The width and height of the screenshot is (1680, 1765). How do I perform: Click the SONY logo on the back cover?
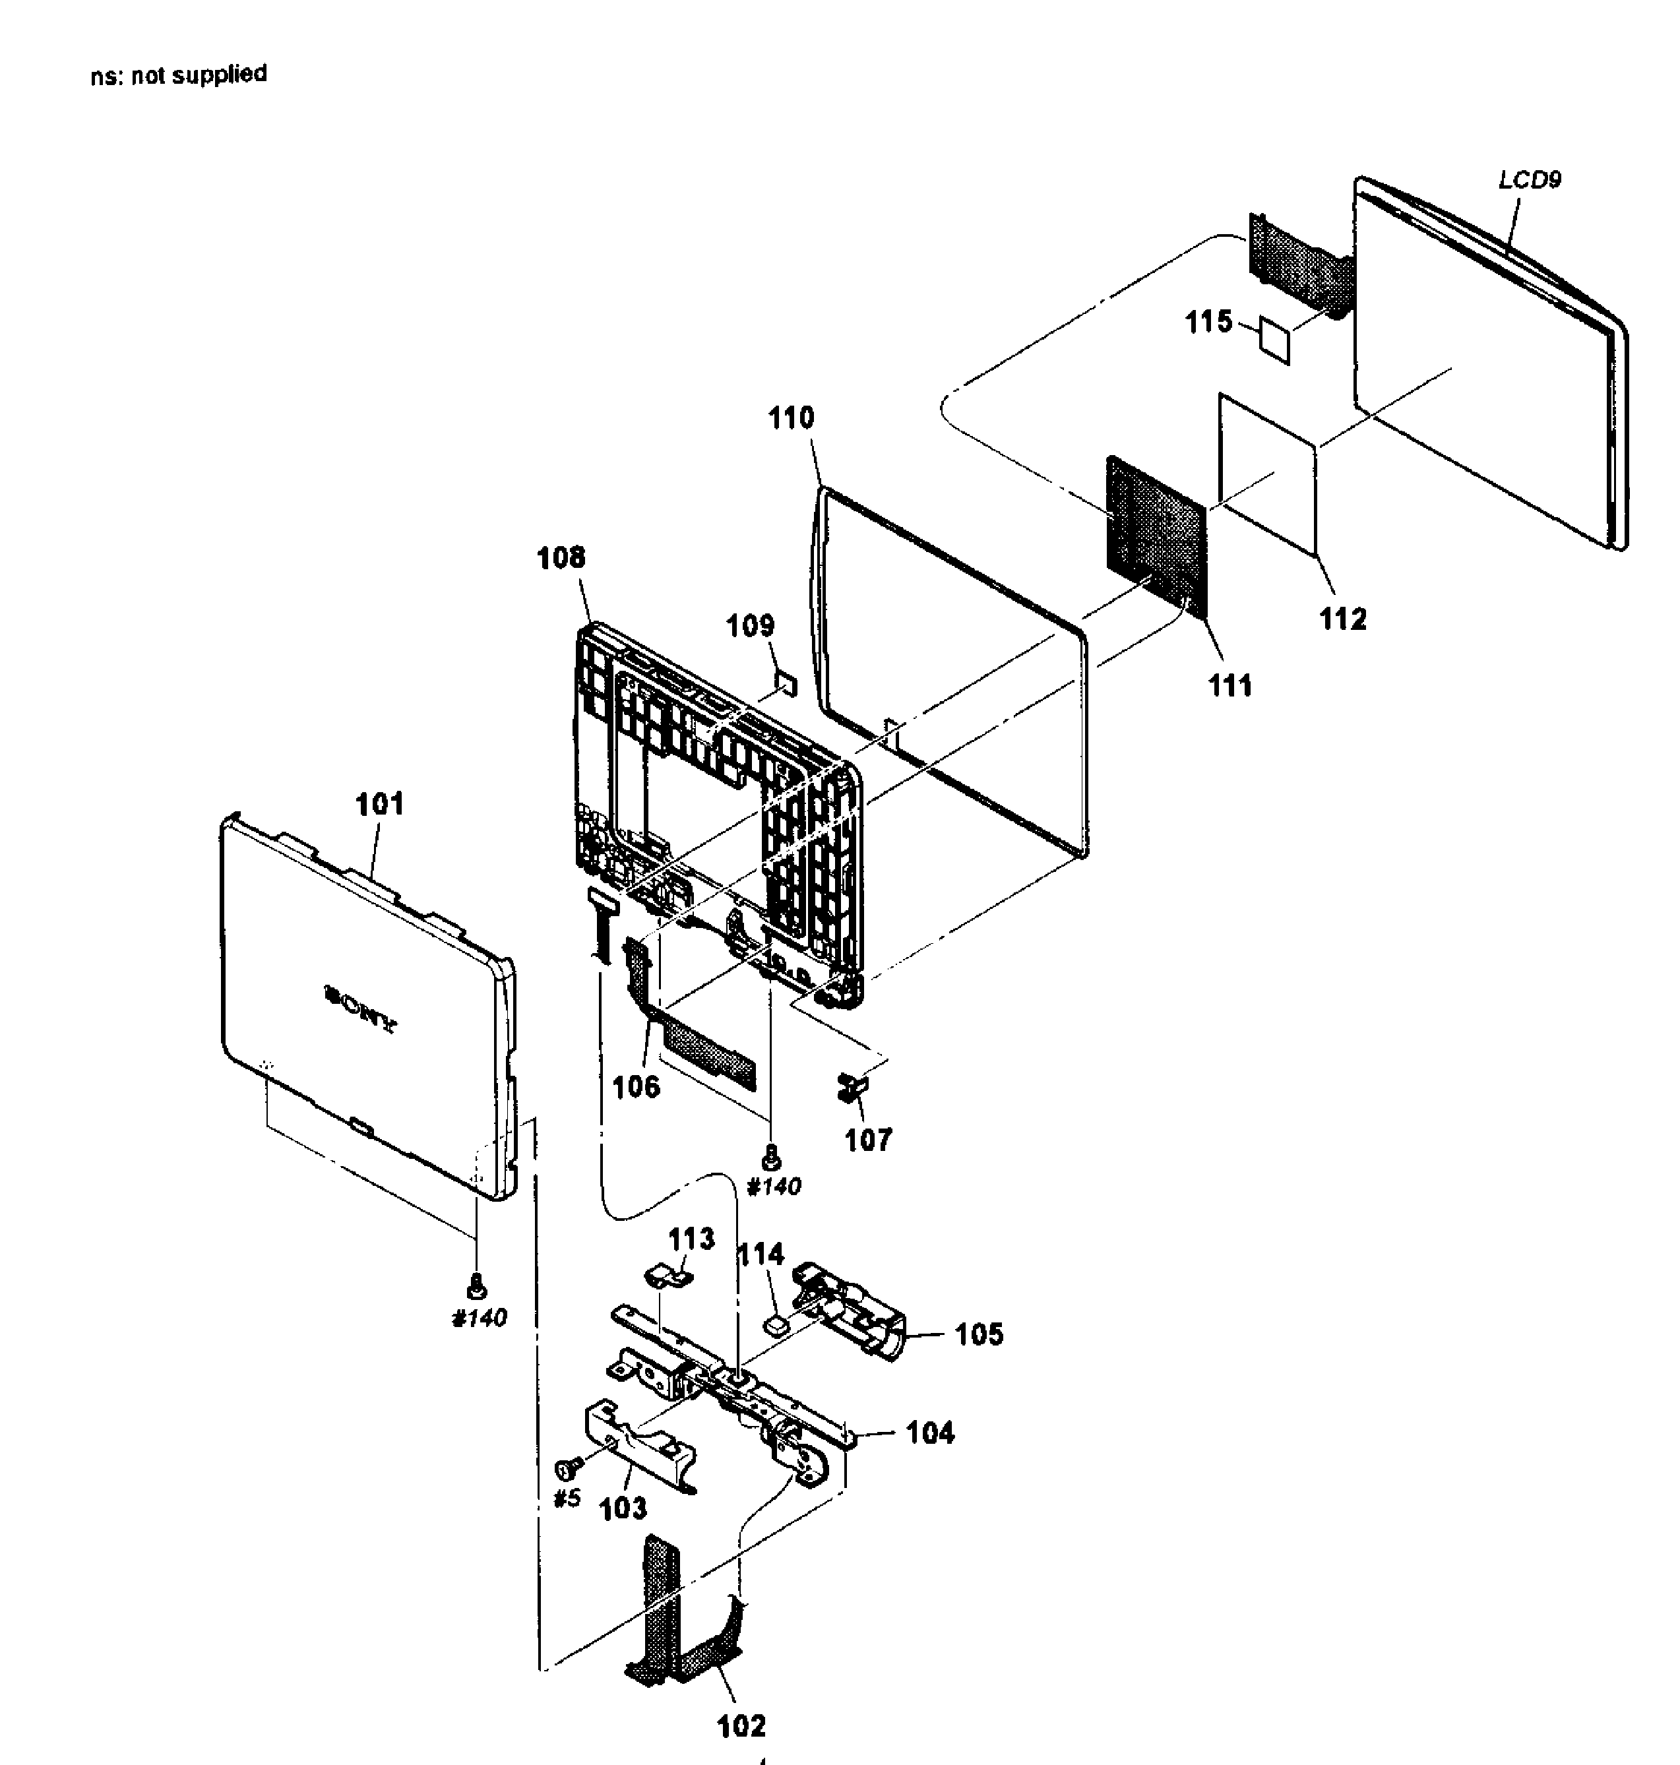tap(360, 1010)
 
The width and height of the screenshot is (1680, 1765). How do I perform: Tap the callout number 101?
tap(380, 804)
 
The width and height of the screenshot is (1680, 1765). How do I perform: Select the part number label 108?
tap(561, 558)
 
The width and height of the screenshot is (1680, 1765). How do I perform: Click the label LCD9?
tap(1530, 180)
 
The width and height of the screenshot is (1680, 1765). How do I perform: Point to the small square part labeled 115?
tap(1275, 338)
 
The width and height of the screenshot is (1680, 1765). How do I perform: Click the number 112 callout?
tap(1342, 619)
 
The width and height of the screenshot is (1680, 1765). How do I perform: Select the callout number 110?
tap(792, 418)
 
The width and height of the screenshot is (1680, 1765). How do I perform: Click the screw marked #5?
tap(565, 1468)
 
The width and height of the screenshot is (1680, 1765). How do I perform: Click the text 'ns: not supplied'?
tap(178, 75)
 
